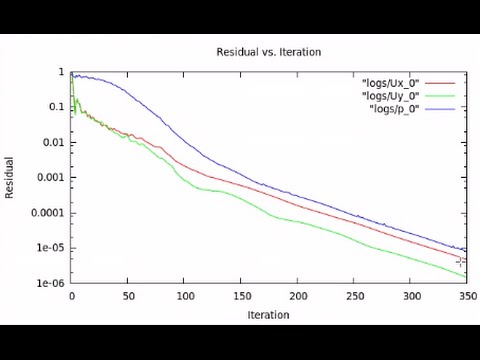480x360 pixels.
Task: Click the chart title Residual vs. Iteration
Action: pyautogui.click(x=268, y=52)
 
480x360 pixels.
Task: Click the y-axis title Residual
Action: pyautogui.click(x=10, y=177)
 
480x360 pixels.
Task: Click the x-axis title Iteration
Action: pyautogui.click(x=268, y=315)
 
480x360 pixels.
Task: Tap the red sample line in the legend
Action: pyautogui.click(x=440, y=83)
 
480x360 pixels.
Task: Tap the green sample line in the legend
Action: pyautogui.click(x=440, y=95)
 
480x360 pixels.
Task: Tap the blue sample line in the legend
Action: pyautogui.click(x=440, y=107)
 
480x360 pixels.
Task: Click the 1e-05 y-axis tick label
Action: pyautogui.click(x=50, y=248)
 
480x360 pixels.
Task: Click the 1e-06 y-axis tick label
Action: pyautogui.click(x=50, y=283)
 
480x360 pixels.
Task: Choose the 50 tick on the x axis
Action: pyautogui.click(x=128, y=297)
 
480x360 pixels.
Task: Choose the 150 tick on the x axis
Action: pyautogui.click(x=241, y=297)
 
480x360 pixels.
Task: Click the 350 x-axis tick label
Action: pyautogui.click(x=466, y=297)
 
